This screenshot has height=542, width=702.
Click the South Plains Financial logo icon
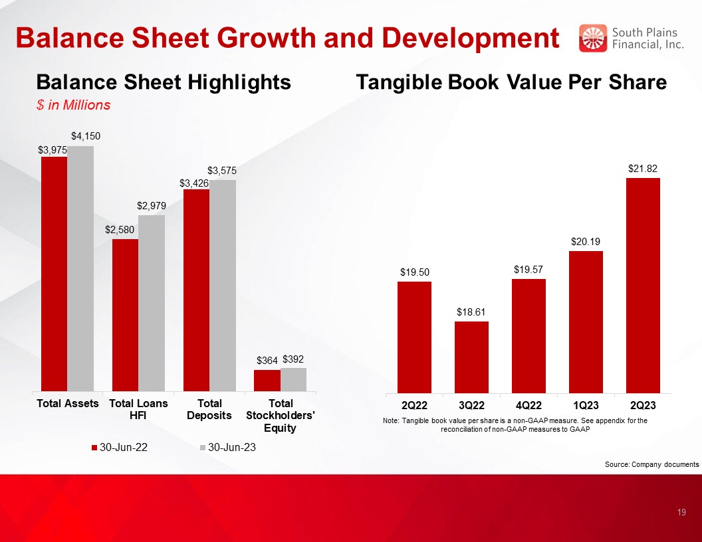593,38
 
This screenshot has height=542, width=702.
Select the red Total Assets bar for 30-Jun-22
54,274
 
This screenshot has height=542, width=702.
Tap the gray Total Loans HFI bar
152,303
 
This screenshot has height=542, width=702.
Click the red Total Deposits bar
196,290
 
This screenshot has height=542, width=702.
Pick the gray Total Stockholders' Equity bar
294,380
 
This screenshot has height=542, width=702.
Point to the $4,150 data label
86,136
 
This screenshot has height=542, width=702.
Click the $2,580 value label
120,229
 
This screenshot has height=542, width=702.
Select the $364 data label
267,361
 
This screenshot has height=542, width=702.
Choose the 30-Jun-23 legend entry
228,447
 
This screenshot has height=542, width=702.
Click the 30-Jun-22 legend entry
120,447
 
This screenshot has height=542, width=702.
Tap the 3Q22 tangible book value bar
471,357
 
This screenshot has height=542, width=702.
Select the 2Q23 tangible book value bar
643,286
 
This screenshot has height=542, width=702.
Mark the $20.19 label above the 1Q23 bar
586,242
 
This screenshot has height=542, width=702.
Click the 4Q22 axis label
528,405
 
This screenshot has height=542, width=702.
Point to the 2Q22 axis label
414,405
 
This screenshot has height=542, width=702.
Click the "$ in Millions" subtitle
73,105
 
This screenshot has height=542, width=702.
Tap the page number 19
681,512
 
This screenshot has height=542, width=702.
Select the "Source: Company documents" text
652,464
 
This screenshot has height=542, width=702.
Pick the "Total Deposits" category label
209,409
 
